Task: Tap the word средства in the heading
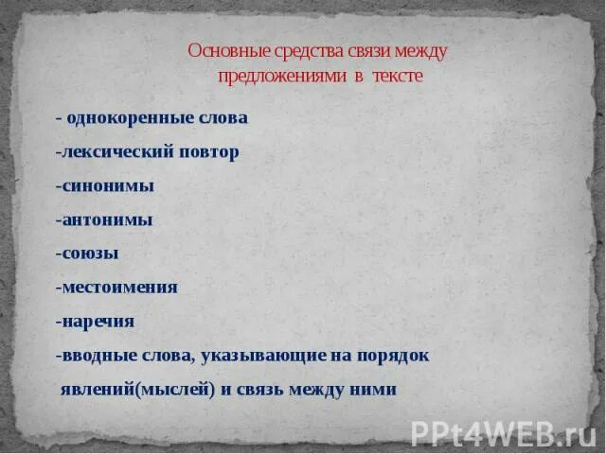click(x=293, y=50)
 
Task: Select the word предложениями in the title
click(x=279, y=76)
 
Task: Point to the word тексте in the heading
click(x=397, y=76)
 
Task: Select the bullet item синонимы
click(x=106, y=186)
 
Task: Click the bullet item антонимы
click(x=106, y=219)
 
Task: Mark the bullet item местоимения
click(x=118, y=288)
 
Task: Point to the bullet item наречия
click(x=97, y=322)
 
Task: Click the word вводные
click(x=99, y=356)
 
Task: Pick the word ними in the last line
click(x=374, y=390)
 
